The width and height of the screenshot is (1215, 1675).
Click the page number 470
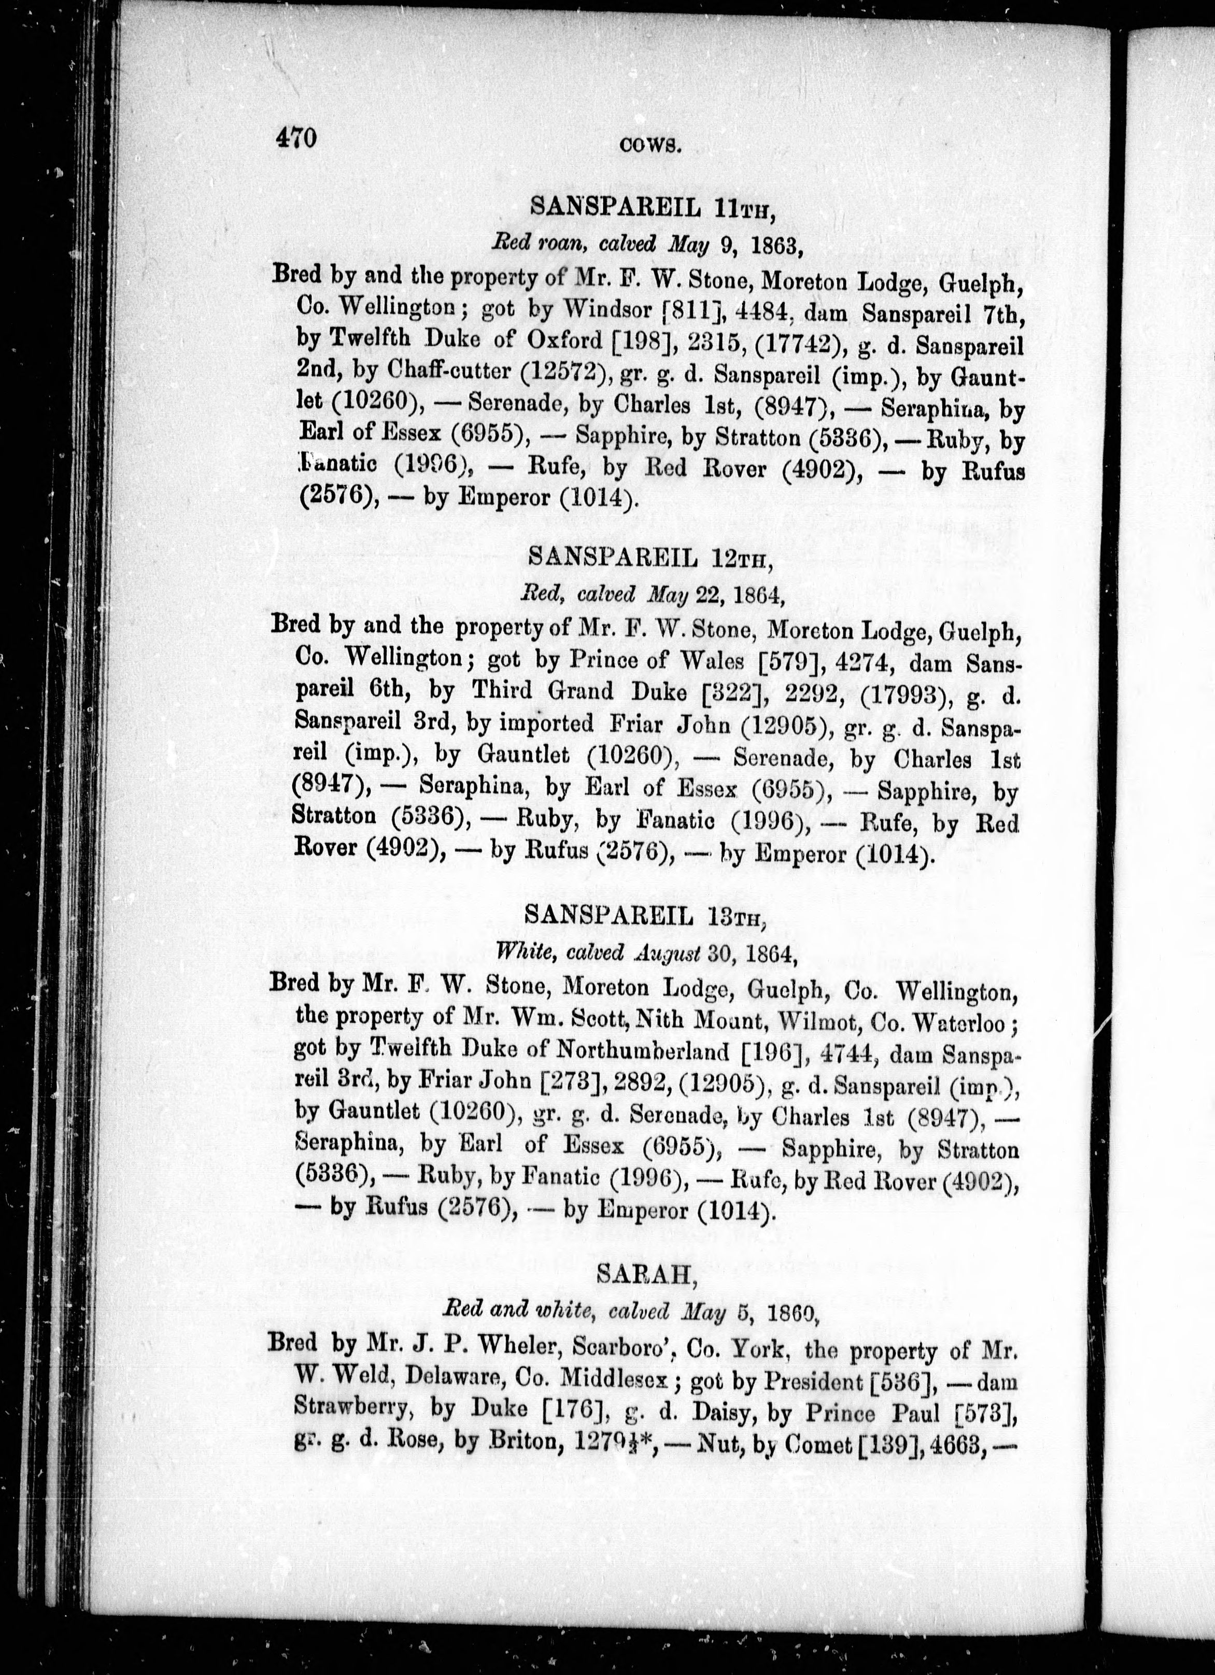click(296, 138)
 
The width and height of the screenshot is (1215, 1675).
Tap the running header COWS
click(650, 146)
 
